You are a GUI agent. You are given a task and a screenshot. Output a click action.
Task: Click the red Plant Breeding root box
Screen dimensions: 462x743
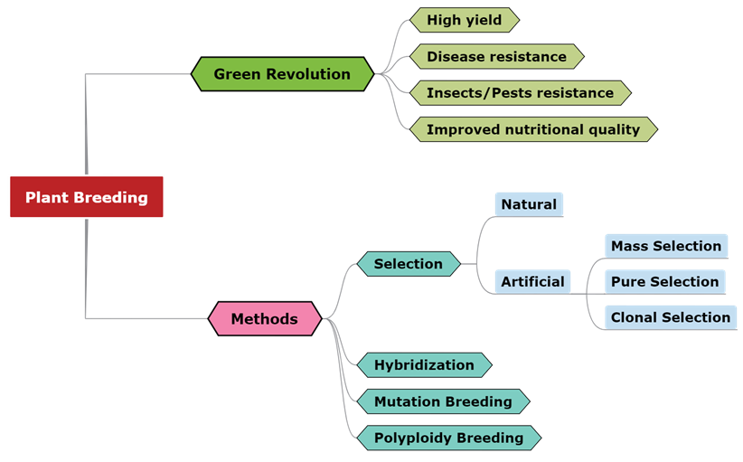point(86,197)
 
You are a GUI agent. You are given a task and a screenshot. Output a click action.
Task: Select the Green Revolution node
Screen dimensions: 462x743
point(282,74)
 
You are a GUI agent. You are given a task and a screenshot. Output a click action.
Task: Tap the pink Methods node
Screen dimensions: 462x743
point(264,318)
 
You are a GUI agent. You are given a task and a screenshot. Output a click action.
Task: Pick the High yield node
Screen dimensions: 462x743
point(464,20)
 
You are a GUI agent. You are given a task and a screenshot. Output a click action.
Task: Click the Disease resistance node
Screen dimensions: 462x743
point(496,56)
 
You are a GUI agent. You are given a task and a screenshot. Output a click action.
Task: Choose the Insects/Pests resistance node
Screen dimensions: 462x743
point(520,92)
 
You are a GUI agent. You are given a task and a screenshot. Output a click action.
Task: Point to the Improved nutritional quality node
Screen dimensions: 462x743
point(532,129)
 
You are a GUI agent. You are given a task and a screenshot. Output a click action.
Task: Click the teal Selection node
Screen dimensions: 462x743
point(409,264)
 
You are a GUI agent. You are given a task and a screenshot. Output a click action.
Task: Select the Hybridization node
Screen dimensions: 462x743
point(424,365)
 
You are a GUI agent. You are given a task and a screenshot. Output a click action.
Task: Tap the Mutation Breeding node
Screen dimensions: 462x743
point(443,401)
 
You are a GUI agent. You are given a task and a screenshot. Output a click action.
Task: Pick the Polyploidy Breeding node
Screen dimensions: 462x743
point(448,438)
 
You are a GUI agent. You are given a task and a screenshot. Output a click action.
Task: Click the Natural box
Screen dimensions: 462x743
point(529,204)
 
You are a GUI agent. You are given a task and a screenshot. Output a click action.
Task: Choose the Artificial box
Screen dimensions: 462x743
point(532,281)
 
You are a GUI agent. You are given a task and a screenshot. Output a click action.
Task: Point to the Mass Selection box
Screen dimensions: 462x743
point(666,246)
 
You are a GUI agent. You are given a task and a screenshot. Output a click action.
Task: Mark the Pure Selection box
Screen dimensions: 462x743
point(664,281)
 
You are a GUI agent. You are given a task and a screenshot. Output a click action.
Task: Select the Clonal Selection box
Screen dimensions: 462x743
point(670,317)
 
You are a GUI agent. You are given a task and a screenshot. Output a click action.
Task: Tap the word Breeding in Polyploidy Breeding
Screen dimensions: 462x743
point(489,438)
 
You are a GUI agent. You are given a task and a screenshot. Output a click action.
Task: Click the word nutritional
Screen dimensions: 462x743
point(540,129)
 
